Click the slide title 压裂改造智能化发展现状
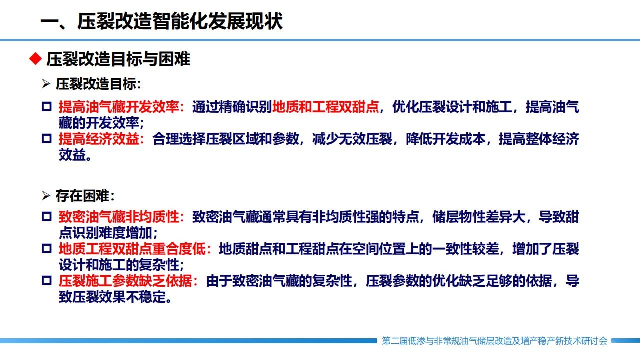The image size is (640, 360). [x=180, y=21]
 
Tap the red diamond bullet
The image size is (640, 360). [x=35, y=59]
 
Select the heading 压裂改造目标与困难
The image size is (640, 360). [x=118, y=59]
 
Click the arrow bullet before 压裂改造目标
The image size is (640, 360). [x=46, y=84]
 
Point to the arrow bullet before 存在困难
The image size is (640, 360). [x=46, y=196]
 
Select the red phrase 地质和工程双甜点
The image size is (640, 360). [x=325, y=107]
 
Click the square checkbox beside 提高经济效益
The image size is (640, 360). [x=47, y=139]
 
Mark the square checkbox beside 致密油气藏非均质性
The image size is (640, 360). [x=47, y=217]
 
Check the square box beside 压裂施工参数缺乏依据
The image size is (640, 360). [x=47, y=281]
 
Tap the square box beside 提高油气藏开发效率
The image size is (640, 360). [x=47, y=107]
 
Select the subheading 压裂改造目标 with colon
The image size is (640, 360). [x=98, y=84]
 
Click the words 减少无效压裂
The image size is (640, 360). [x=352, y=139]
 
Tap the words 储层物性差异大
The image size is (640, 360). [x=479, y=217]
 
